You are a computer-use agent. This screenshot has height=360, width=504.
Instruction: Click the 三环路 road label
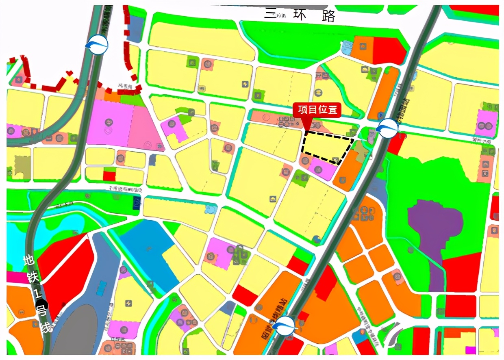300,15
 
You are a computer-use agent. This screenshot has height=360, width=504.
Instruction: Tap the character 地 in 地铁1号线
29,260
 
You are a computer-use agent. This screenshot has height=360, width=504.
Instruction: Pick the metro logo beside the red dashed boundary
98,44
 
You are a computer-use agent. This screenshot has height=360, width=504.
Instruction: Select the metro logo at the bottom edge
283,325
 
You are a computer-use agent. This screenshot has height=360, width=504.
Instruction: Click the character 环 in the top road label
301,15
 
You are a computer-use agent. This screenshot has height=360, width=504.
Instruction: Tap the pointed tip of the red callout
306,130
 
